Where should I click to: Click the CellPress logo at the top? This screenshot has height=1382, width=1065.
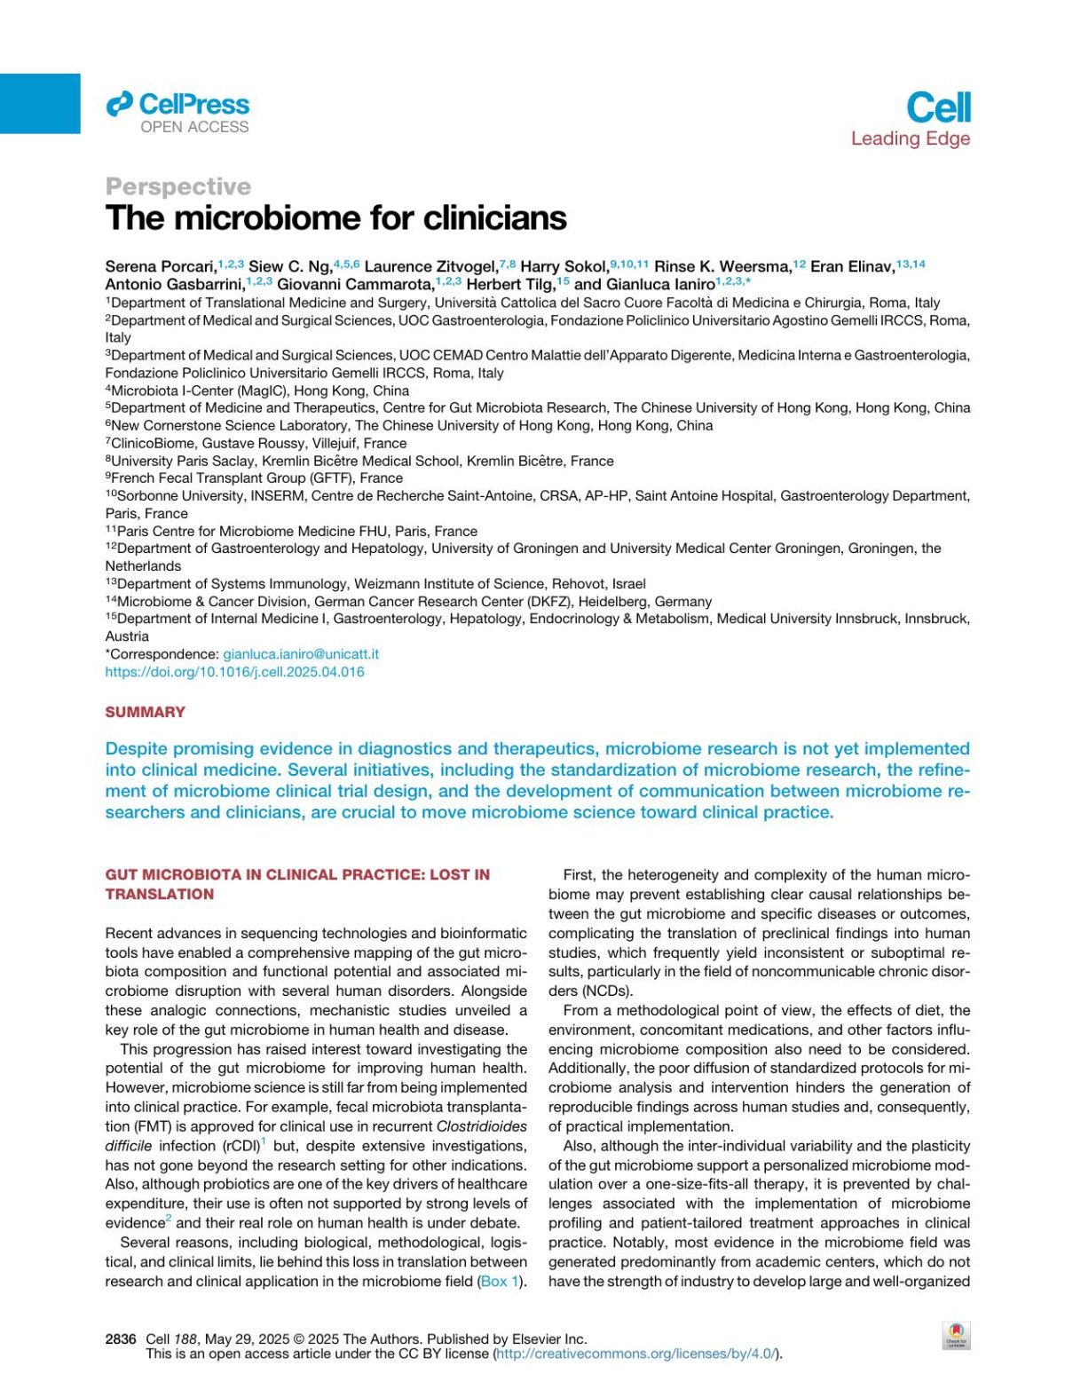point(177,105)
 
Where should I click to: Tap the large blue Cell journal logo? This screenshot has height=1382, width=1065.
point(938,108)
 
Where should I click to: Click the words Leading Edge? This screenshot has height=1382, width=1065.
point(910,138)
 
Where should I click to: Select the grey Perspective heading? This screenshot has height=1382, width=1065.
point(177,186)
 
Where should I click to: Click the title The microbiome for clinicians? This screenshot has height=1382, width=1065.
point(335,218)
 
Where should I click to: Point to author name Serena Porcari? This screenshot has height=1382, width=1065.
point(161,266)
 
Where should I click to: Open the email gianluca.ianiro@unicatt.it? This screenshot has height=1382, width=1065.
point(300,654)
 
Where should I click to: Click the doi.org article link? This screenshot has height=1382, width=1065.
point(234,672)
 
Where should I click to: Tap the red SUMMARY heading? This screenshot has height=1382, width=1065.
point(145,712)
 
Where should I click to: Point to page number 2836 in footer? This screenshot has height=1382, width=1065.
point(121,1339)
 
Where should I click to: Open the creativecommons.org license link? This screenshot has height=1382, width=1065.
point(636,1354)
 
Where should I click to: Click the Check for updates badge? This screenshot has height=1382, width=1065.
point(956,1335)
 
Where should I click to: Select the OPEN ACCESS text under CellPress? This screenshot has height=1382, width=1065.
point(194,127)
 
